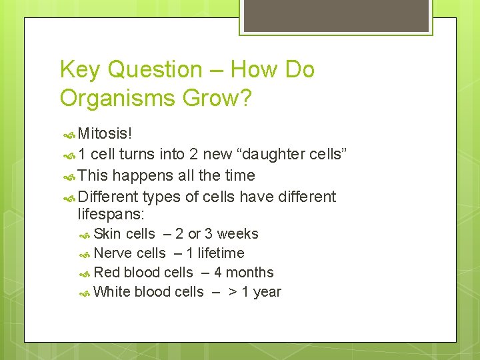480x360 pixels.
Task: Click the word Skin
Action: tap(107, 234)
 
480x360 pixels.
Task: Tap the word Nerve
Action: tap(113, 253)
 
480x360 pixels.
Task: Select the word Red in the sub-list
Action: tap(107, 273)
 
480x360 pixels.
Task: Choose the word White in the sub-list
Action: tap(112, 292)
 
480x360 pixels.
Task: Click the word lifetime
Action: tap(221, 253)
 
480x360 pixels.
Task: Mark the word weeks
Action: tap(237, 234)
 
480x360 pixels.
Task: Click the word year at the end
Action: tap(267, 292)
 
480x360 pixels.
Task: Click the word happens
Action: tap(139, 176)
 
